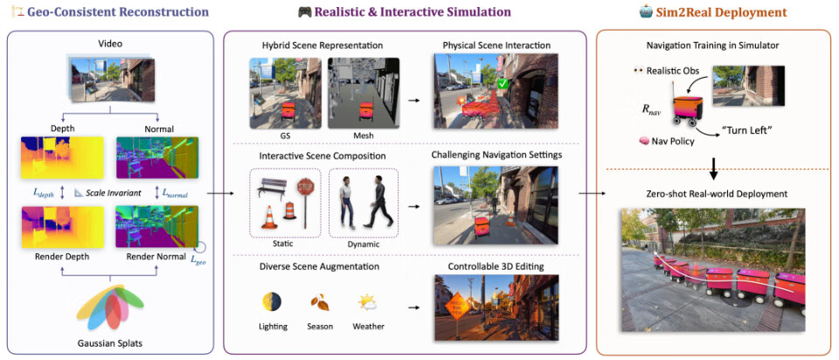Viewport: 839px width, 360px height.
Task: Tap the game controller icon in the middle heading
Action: (304, 12)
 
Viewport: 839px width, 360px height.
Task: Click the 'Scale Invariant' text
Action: (110, 191)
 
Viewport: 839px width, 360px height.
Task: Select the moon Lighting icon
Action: (272, 302)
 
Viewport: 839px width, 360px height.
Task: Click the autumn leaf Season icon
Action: (319, 303)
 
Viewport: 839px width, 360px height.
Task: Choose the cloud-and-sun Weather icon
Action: (366, 302)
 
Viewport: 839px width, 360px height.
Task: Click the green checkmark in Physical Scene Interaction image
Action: (503, 84)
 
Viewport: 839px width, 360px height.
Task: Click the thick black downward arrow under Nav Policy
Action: (714, 165)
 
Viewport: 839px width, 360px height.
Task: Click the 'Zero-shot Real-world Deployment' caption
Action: (713, 193)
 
